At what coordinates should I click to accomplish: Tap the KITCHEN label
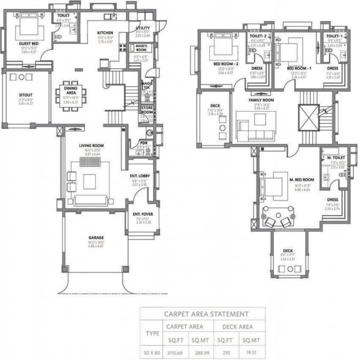pyautogui.click(x=106, y=32)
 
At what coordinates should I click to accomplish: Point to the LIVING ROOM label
pyautogui.click(x=91, y=146)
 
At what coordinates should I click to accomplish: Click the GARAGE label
pyautogui.click(x=96, y=238)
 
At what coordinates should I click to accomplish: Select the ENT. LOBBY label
pyautogui.click(x=140, y=176)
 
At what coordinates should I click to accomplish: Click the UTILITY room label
pyautogui.click(x=143, y=28)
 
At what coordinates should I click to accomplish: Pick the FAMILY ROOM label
pyautogui.click(x=261, y=100)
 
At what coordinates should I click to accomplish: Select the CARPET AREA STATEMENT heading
pyautogui.click(x=206, y=314)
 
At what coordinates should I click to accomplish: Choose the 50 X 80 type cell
pyautogui.click(x=152, y=351)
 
